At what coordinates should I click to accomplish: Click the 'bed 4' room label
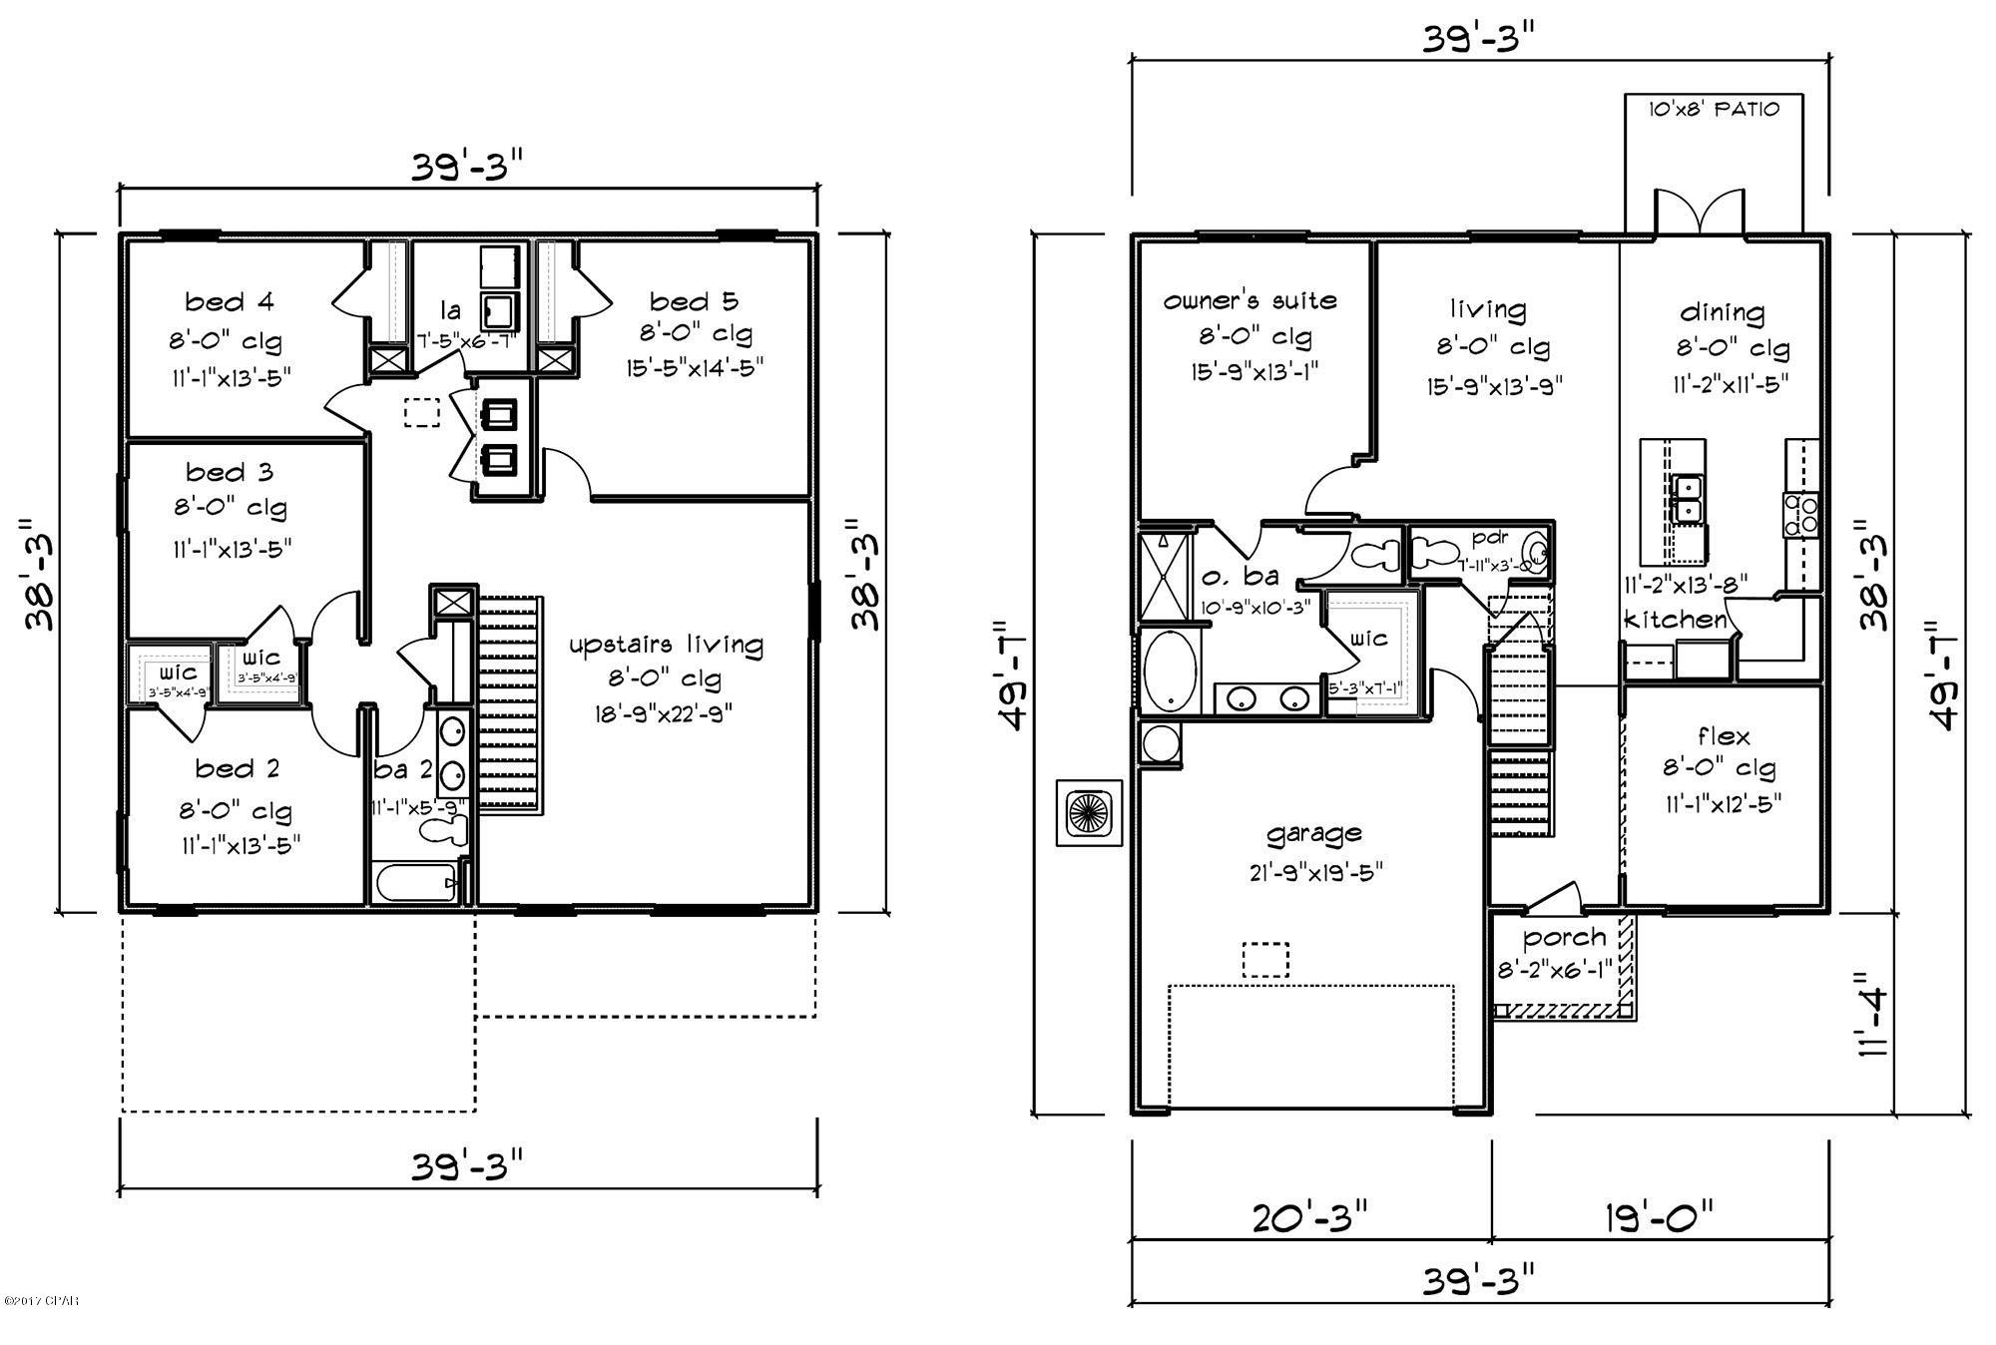[x=230, y=301]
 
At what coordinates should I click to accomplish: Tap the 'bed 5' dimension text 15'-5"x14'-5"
[x=695, y=368]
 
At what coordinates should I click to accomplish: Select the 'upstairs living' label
[x=666, y=645]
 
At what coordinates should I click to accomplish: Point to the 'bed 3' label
[x=230, y=472]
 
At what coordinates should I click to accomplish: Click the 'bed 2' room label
[x=238, y=768]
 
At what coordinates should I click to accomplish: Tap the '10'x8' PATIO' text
[x=1713, y=109]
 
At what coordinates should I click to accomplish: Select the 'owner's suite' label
[x=1249, y=300]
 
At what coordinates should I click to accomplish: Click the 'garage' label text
[x=1313, y=833]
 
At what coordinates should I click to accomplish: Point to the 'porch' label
[x=1564, y=938]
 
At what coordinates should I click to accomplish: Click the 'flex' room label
[x=1724, y=736]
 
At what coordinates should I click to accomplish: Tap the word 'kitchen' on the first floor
[x=1676, y=620]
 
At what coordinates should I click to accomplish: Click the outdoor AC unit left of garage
[x=1089, y=812]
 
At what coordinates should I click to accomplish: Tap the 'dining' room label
[x=1723, y=312]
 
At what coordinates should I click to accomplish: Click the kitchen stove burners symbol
[x=1800, y=514]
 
